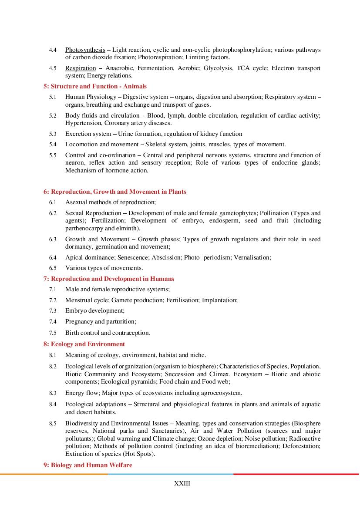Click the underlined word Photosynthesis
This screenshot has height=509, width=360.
point(85,50)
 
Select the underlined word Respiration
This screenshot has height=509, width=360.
point(80,68)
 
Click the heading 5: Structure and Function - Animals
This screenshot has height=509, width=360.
point(95,86)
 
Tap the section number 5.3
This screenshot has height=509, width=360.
point(53,134)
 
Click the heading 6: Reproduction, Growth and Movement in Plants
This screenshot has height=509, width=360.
point(115,192)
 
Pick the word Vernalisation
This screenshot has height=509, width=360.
point(252,257)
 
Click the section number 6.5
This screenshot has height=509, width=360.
point(53,268)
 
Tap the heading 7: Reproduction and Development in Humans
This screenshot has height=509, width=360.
point(109,279)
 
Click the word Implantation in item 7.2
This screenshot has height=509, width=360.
point(221,300)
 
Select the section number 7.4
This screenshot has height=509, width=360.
point(53,322)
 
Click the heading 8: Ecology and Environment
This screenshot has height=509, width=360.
point(84,344)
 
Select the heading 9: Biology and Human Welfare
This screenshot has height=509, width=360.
point(87,465)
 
